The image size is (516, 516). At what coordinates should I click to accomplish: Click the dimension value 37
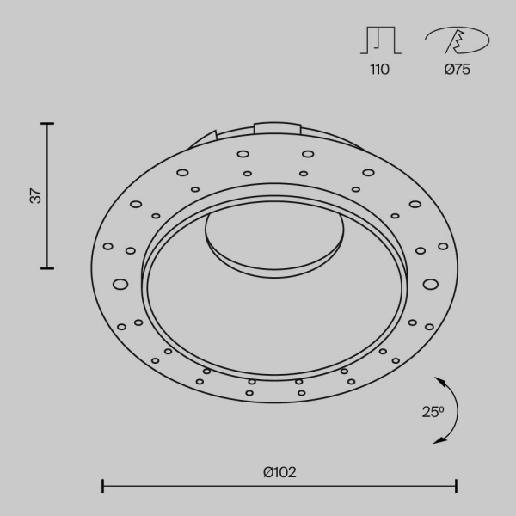coord(35,196)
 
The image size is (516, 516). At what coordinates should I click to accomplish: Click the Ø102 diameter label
coord(280,471)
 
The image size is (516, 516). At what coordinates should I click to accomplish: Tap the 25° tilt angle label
coord(433,411)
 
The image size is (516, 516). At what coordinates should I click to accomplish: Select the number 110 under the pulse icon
coord(378,70)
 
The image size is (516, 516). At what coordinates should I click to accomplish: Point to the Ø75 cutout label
coord(457,70)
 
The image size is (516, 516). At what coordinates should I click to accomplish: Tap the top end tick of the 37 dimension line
coord(47,124)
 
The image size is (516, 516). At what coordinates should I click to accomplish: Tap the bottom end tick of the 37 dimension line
coord(47,268)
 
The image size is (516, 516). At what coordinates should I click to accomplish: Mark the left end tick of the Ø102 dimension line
coord(103,486)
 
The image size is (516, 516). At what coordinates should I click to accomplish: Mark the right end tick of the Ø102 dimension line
coord(456,486)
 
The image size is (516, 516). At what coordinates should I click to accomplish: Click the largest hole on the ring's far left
coord(120,283)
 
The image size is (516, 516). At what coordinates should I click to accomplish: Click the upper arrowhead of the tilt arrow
coord(439,379)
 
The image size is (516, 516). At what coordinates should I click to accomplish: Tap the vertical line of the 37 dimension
coord(47,196)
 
